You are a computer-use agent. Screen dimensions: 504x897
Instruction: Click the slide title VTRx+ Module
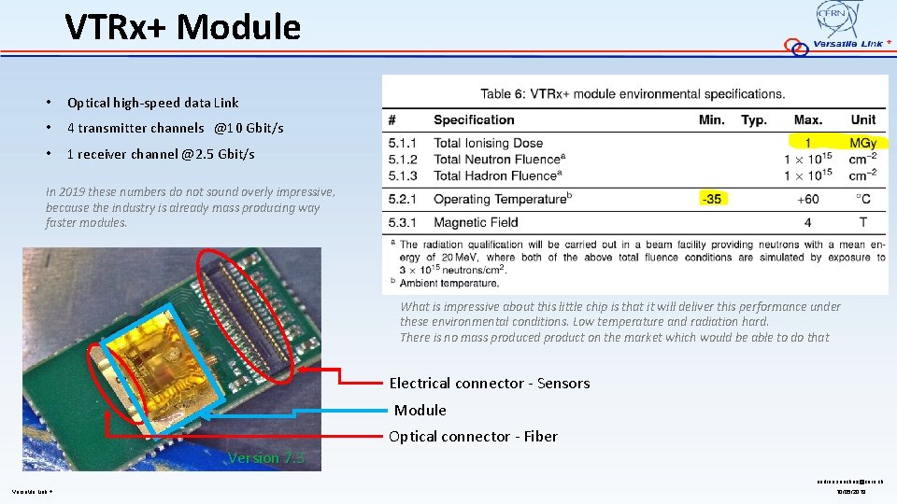click(183, 28)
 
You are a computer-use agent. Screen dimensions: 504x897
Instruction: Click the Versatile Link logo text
click(847, 44)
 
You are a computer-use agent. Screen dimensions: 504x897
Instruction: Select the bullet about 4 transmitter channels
click(175, 128)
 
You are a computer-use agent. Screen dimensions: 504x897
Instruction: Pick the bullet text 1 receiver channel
click(160, 154)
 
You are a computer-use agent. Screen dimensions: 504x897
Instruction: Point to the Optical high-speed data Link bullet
click(152, 103)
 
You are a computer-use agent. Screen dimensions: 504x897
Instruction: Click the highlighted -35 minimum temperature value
click(712, 199)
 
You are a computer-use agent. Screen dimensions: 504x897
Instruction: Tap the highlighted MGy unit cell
click(862, 143)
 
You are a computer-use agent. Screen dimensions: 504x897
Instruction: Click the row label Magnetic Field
click(476, 222)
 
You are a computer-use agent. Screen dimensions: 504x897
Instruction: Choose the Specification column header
click(474, 119)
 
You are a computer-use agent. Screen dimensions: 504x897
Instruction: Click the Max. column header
click(807, 119)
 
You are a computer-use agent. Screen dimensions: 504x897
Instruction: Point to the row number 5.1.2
click(402, 160)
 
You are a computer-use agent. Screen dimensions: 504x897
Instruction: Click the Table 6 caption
click(633, 93)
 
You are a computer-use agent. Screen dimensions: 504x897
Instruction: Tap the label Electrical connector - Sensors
click(490, 384)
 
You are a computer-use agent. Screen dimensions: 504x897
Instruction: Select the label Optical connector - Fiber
click(473, 436)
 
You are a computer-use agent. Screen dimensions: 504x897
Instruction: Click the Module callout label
click(420, 410)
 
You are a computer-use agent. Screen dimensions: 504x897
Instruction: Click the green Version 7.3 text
click(265, 457)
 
